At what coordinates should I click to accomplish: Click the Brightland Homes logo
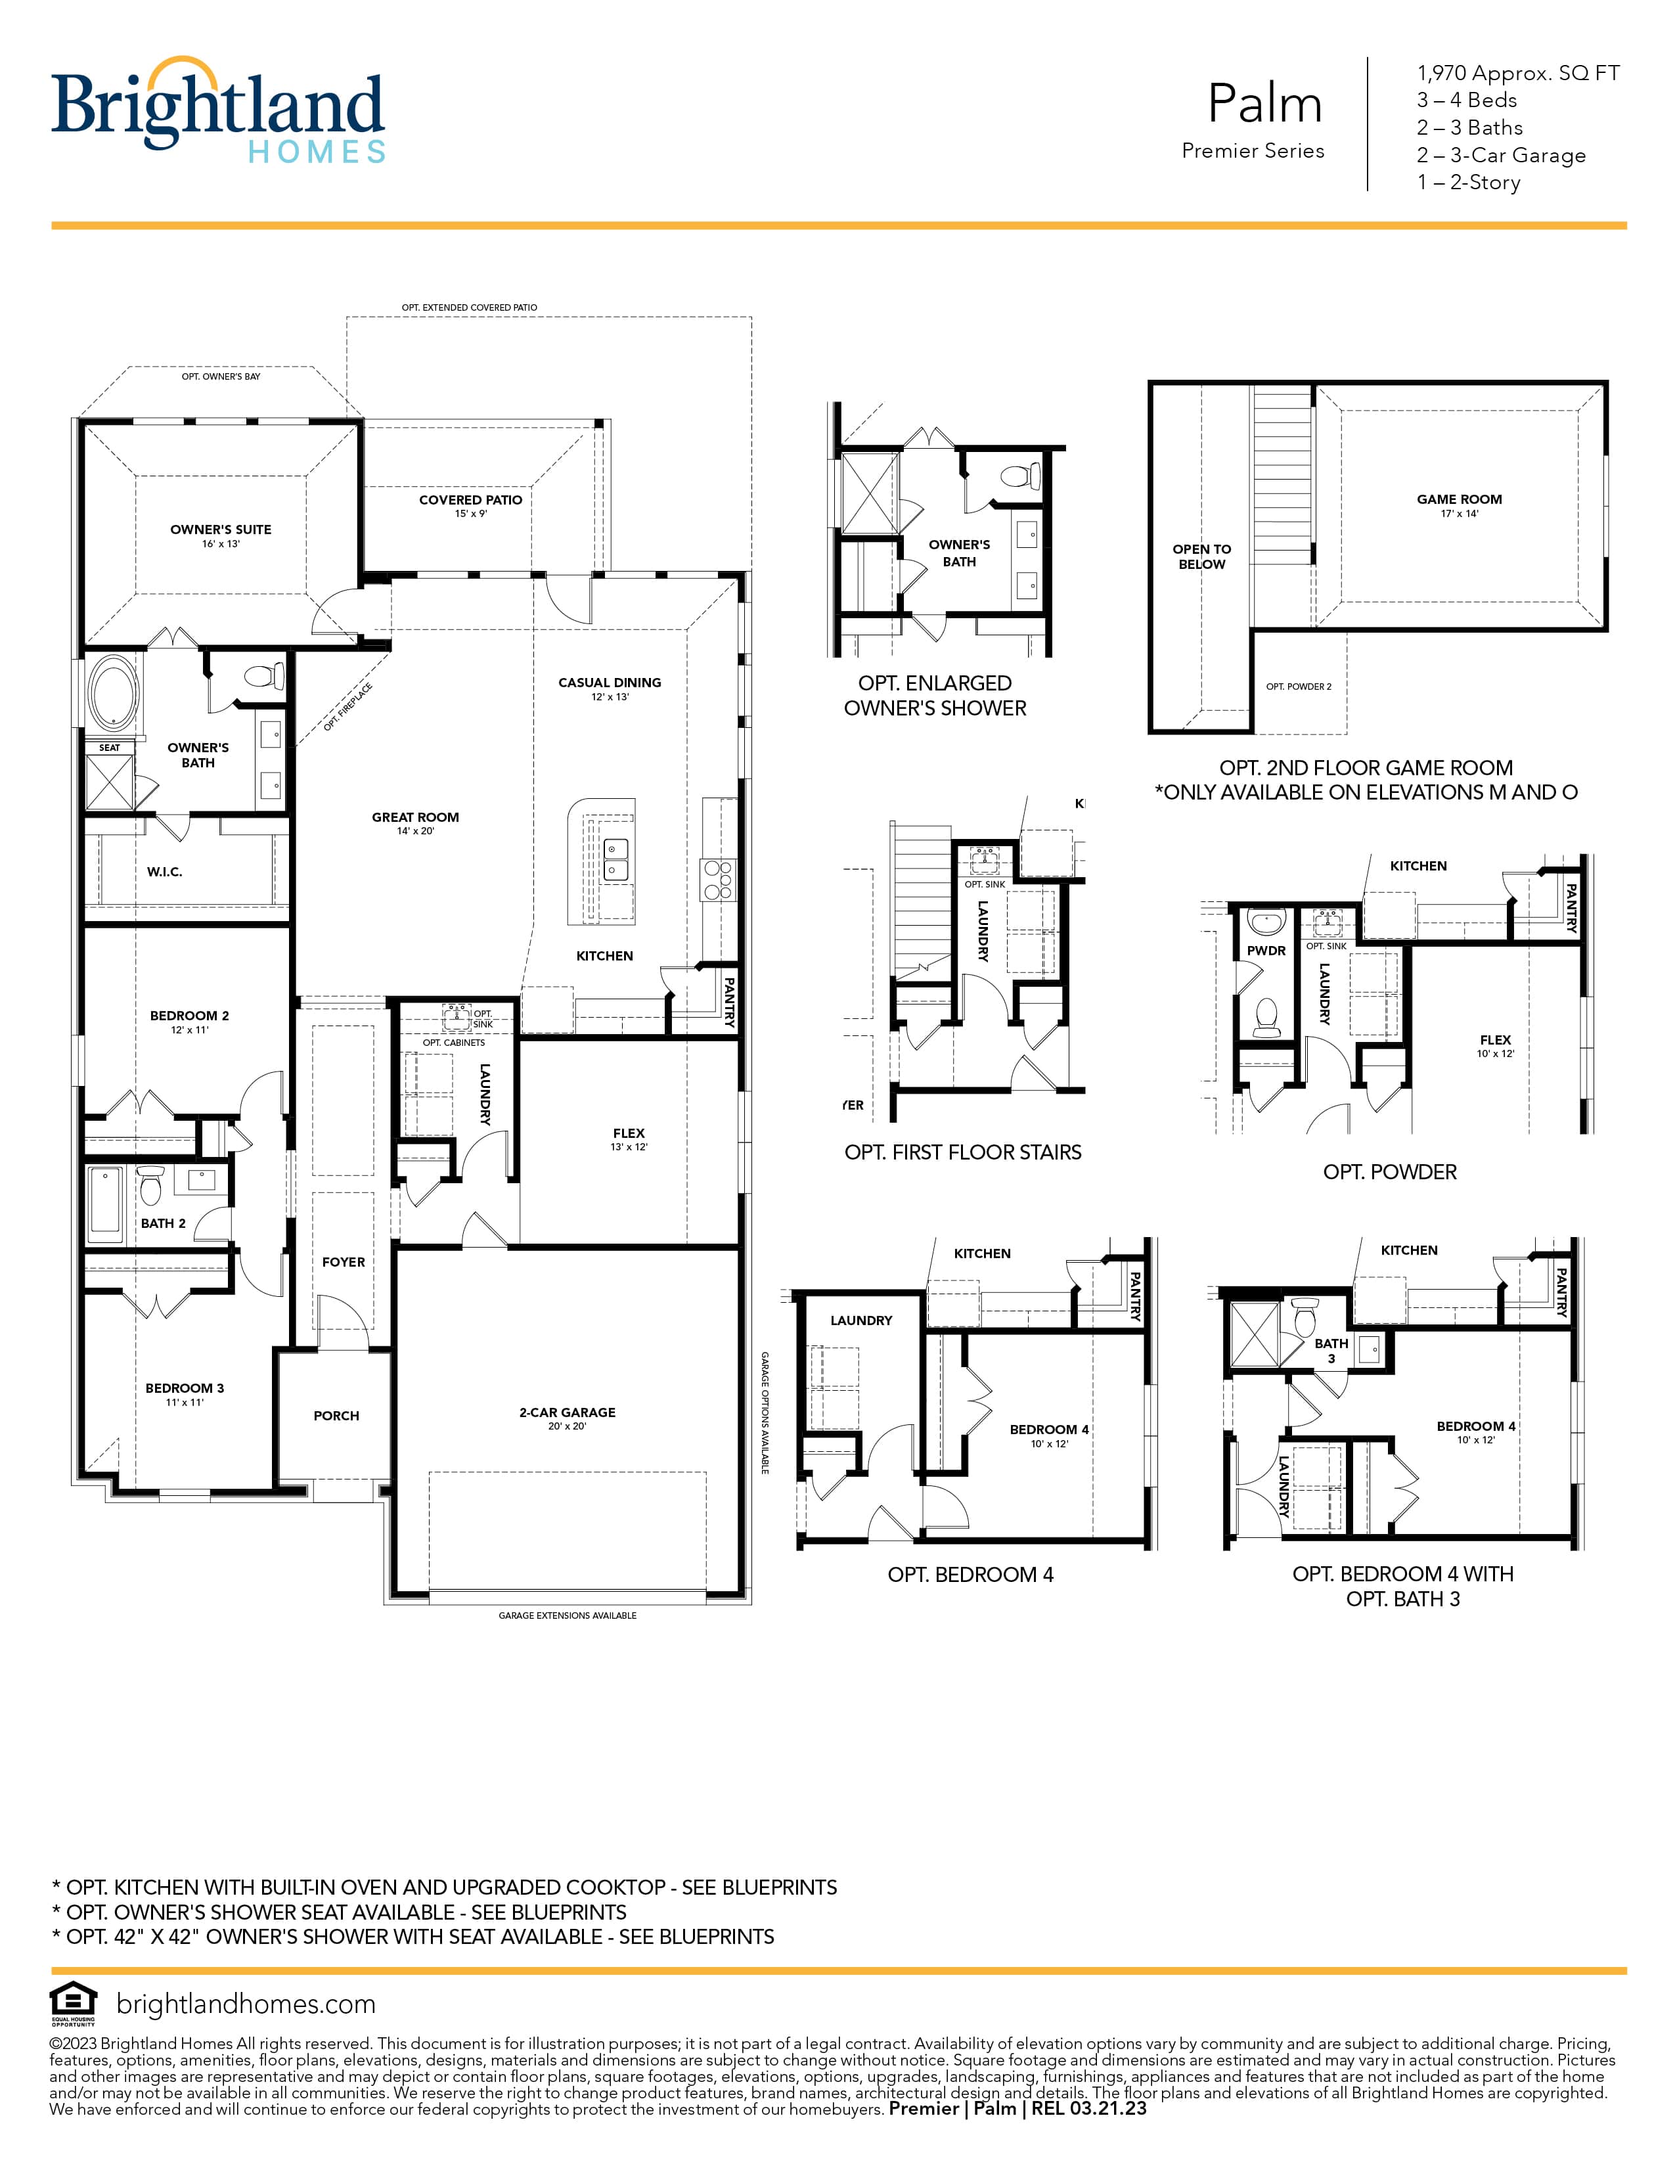point(217,109)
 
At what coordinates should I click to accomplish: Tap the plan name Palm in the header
point(1264,103)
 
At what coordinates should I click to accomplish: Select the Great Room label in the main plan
point(414,817)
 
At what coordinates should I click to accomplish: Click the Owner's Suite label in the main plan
point(220,529)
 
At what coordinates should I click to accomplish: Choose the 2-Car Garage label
point(567,1412)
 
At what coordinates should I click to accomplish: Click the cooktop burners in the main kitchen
point(719,878)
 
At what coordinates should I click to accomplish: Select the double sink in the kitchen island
point(616,860)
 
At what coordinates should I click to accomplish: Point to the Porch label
point(336,1416)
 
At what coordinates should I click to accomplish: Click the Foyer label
point(344,1261)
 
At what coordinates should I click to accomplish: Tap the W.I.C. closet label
point(165,872)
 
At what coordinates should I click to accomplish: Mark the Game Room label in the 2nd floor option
point(1459,499)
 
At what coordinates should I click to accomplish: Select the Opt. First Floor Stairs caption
point(962,1152)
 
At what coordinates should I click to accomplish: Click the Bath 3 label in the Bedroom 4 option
point(1331,1350)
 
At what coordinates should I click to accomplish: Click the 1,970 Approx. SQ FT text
point(1518,72)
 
